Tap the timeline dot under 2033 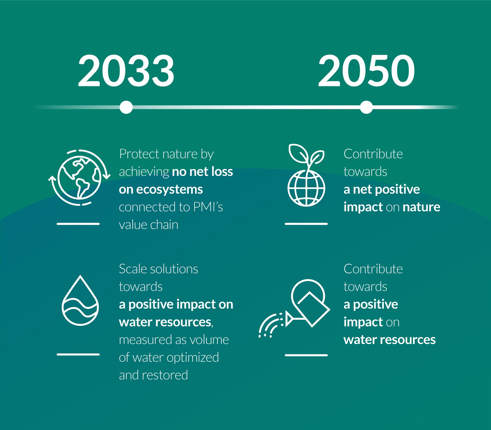[x=126, y=107]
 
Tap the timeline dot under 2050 [x=366, y=107]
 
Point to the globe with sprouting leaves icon [x=306, y=175]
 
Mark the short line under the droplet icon [x=78, y=354]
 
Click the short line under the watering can [x=306, y=355]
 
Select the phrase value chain [x=149, y=225]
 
